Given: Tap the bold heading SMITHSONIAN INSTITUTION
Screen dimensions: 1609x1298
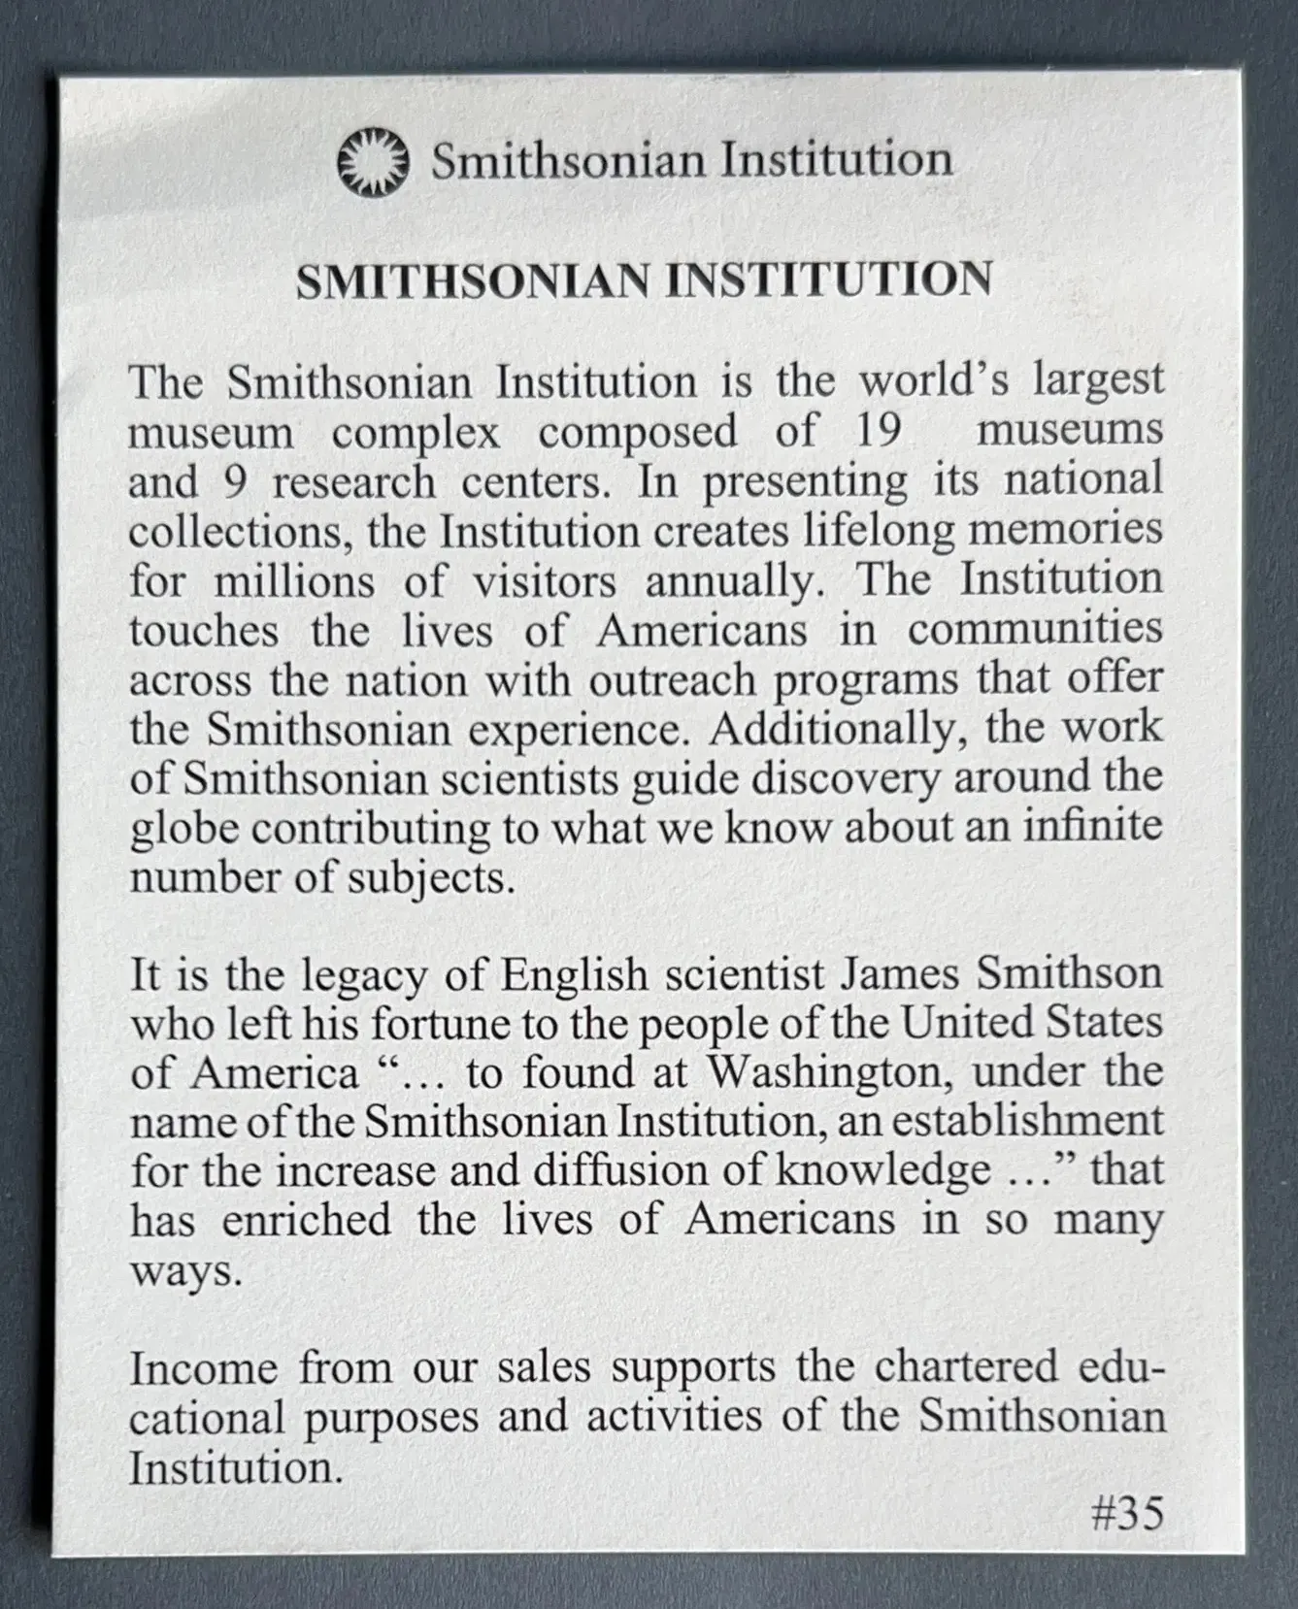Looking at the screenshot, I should pos(644,280).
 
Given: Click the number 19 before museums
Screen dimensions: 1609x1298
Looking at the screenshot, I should pos(878,431).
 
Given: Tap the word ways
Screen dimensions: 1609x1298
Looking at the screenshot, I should pos(184,1272).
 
